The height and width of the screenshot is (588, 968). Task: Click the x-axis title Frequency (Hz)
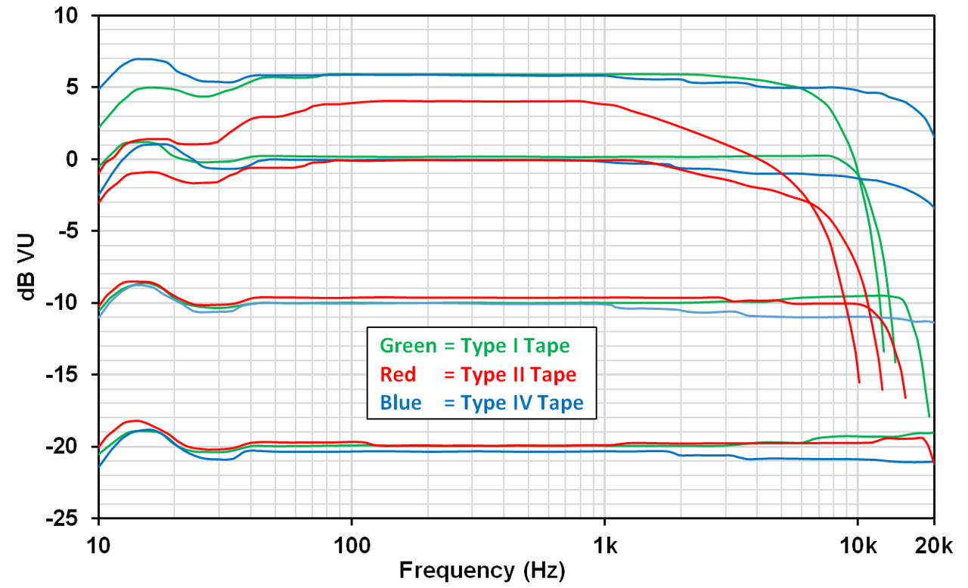pyautogui.click(x=482, y=569)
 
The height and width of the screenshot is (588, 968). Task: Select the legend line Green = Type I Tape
pyautogui.click(x=474, y=346)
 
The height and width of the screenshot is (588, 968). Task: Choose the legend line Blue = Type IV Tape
pyautogui.click(x=482, y=403)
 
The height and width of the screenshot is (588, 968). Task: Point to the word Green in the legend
pyautogui.click(x=408, y=346)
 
